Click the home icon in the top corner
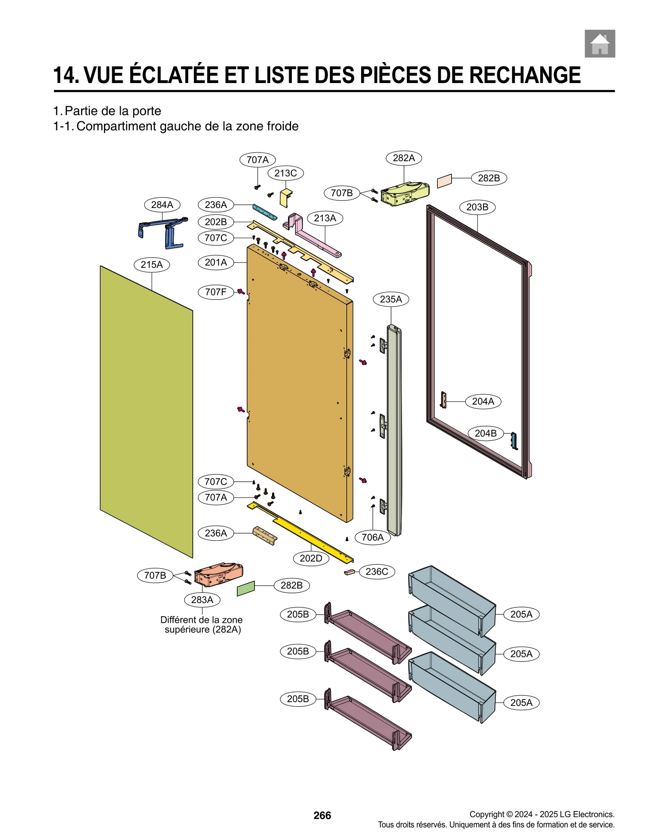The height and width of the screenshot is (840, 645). [x=599, y=44]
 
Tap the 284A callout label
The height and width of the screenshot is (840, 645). [x=162, y=205]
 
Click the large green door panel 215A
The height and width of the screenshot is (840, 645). [x=146, y=411]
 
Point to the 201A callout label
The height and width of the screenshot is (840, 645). [x=216, y=262]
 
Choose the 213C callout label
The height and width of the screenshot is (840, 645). [x=285, y=173]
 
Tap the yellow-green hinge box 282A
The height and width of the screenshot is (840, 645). [x=405, y=194]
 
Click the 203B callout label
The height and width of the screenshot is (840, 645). [x=477, y=207]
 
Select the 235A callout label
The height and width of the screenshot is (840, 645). [x=391, y=299]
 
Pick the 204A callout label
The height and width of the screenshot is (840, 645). [x=483, y=401]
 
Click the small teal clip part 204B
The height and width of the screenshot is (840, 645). [x=514, y=441]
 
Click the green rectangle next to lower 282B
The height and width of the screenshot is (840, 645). [x=246, y=588]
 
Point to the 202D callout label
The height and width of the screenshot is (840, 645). [x=311, y=558]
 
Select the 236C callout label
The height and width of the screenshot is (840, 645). [x=377, y=572]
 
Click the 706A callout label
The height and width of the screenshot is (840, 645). [x=372, y=537]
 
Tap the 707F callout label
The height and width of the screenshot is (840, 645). [x=216, y=292]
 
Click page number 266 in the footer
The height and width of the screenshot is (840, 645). [x=322, y=815]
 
